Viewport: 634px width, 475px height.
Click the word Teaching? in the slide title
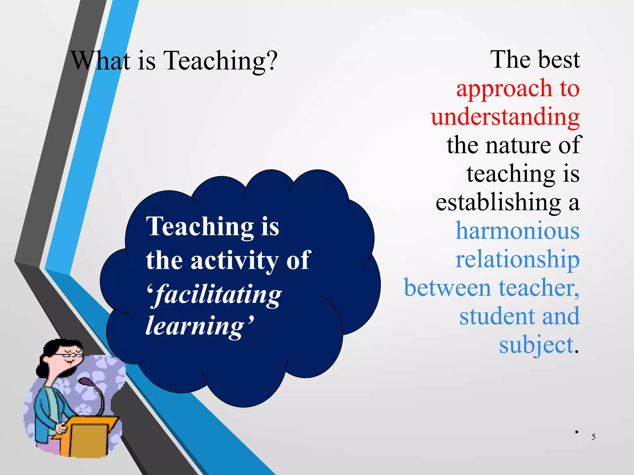(220, 61)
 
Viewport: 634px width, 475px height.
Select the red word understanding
(505, 117)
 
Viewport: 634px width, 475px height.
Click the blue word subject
(536, 345)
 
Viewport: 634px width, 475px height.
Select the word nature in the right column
(520, 145)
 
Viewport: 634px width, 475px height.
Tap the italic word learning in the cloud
(195, 326)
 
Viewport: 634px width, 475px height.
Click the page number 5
(593, 437)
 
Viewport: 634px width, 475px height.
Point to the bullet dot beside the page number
(577, 432)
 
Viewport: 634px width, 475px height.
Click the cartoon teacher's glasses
(72, 355)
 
